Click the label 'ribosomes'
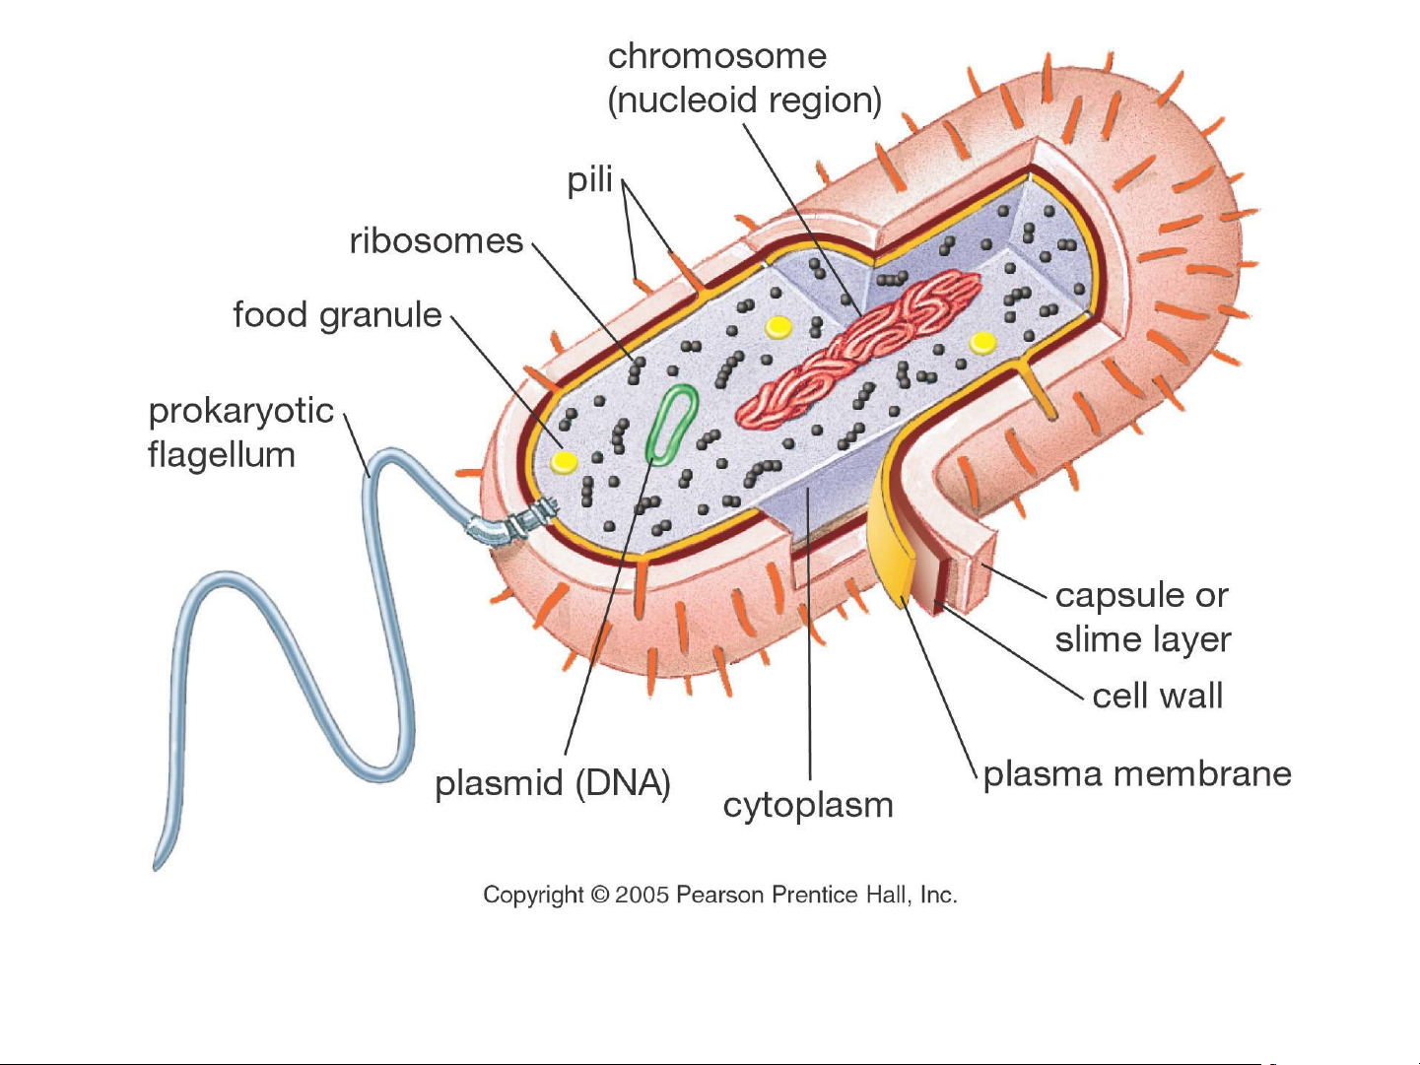point(436,241)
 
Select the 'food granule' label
point(337,315)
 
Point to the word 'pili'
point(589,181)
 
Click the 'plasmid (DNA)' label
point(553,784)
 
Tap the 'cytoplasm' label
point(808,806)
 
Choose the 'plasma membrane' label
point(1137,774)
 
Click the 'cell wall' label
point(1157,697)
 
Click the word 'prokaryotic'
point(241,411)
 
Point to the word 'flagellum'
point(222,455)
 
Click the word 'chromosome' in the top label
point(716,56)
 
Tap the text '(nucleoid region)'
point(744,100)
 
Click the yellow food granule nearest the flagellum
point(564,461)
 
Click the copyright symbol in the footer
point(599,896)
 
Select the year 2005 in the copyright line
point(642,896)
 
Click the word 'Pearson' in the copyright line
point(721,896)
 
